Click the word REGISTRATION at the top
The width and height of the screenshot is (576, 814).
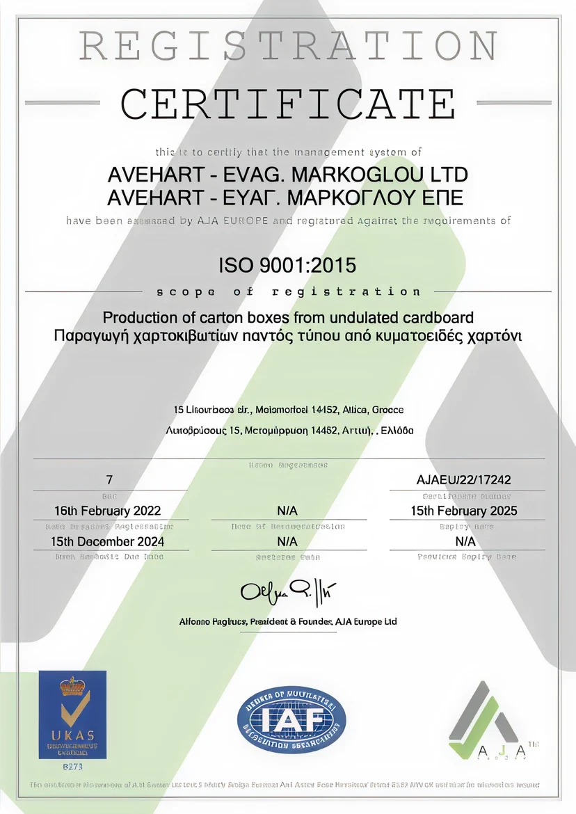pyautogui.click(x=288, y=47)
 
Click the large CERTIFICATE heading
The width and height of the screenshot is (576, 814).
pyautogui.click(x=288, y=104)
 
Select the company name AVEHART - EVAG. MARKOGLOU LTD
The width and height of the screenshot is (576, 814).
pyautogui.click(x=288, y=175)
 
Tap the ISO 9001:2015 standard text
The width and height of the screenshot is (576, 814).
pyautogui.click(x=288, y=265)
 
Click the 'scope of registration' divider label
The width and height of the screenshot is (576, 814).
pyautogui.click(x=288, y=292)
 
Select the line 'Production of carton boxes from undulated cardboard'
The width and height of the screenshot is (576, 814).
pyautogui.click(x=288, y=318)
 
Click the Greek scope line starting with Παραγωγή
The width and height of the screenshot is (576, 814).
pyautogui.click(x=288, y=337)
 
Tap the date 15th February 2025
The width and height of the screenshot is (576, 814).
pyautogui.click(x=465, y=511)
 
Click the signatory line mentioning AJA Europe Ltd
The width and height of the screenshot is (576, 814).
pyautogui.click(x=288, y=621)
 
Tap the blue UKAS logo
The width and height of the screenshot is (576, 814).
pyautogui.click(x=72, y=714)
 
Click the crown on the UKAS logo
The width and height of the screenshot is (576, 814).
pyautogui.click(x=72, y=687)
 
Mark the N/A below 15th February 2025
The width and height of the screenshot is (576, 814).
pyautogui.click(x=465, y=541)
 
